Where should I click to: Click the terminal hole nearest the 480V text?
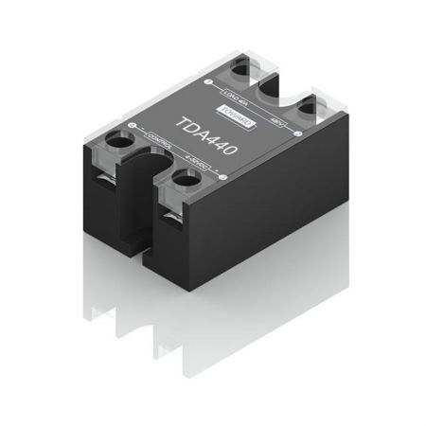pyautogui.click(x=305, y=111)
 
